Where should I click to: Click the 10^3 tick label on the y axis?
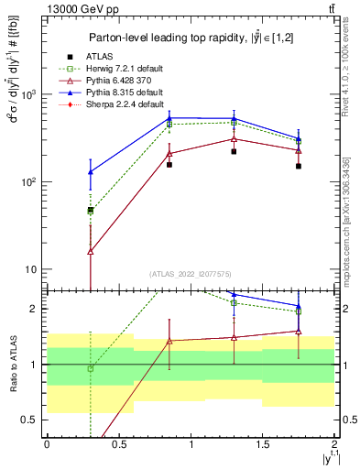30,95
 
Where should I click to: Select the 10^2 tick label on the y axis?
30,182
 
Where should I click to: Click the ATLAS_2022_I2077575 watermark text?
191,274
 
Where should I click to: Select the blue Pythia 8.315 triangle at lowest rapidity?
90,171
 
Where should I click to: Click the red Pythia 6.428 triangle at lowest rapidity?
90,251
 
